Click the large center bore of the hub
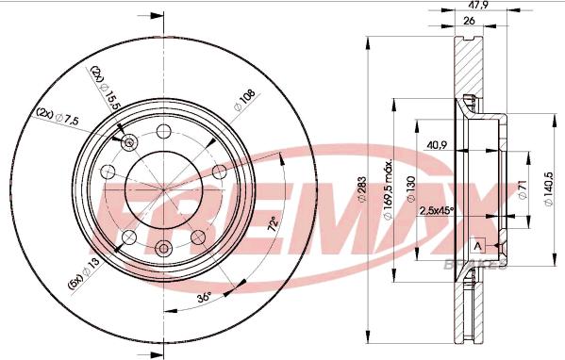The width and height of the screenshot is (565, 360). (x=161, y=188)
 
